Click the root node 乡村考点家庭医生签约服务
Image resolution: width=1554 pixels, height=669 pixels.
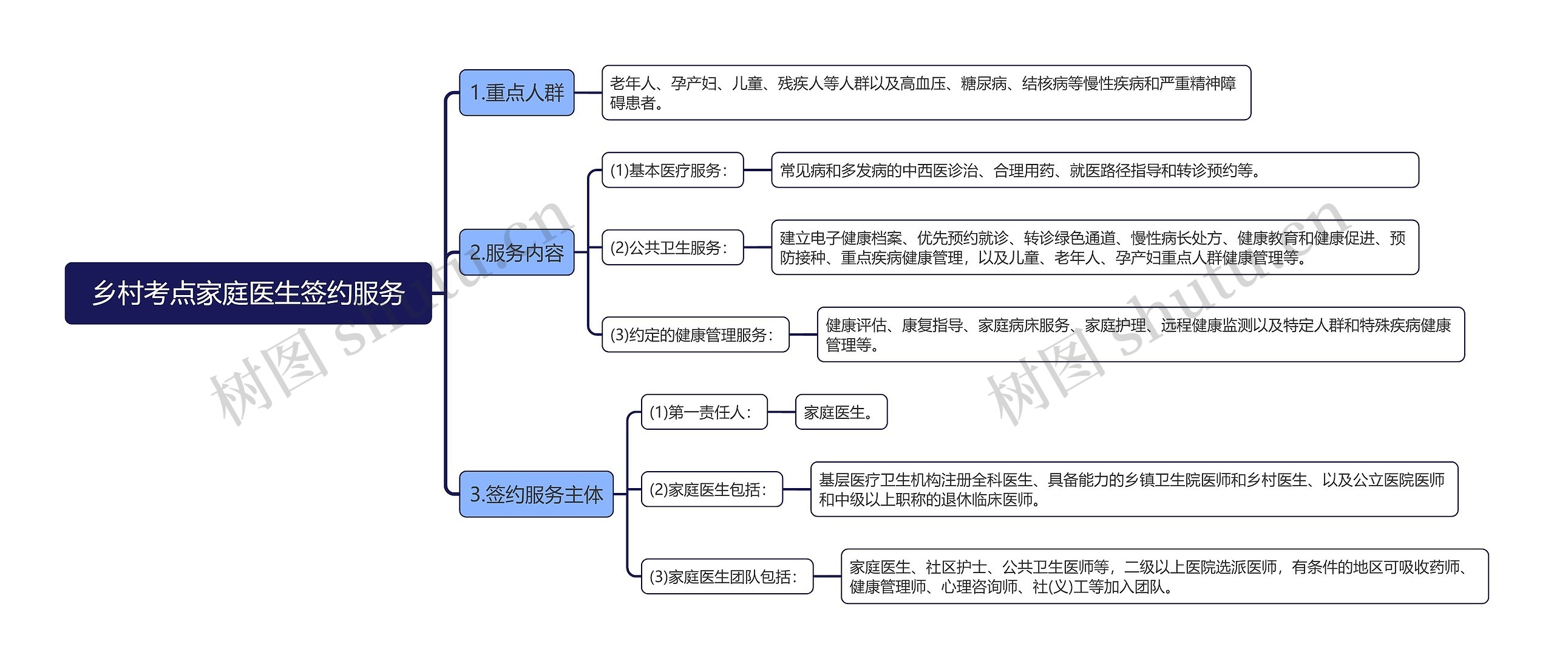tap(248, 293)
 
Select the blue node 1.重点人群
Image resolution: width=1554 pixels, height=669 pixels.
tap(517, 93)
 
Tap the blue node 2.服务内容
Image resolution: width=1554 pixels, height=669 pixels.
tap(517, 253)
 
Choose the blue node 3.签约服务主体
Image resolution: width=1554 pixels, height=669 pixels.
tap(536, 494)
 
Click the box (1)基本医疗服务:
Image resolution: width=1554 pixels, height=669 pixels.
tap(673, 170)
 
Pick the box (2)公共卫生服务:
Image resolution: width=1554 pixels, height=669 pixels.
tap(673, 247)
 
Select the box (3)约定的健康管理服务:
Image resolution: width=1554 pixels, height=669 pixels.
tap(695, 334)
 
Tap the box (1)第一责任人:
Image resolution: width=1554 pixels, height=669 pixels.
tap(704, 412)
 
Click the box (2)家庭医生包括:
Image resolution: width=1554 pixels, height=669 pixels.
tap(711, 489)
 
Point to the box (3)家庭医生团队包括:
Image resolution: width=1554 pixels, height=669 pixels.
tap(727, 576)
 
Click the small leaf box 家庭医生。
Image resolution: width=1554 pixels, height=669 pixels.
tap(841, 412)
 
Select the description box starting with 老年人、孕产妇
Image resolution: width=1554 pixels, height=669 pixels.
tap(926, 93)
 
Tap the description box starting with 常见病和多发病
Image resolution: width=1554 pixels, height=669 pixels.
tap(1094, 170)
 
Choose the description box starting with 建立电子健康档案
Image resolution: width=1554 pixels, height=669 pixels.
tap(1094, 247)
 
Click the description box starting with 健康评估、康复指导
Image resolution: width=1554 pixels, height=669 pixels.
tap(1141, 334)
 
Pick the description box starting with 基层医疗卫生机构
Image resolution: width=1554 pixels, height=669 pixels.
tap(1134, 489)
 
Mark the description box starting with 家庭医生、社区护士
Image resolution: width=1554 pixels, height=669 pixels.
tap(1164, 576)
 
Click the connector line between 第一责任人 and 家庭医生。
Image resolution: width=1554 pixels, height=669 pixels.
tap(781, 412)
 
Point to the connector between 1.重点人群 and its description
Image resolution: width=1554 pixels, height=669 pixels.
tap(588, 93)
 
